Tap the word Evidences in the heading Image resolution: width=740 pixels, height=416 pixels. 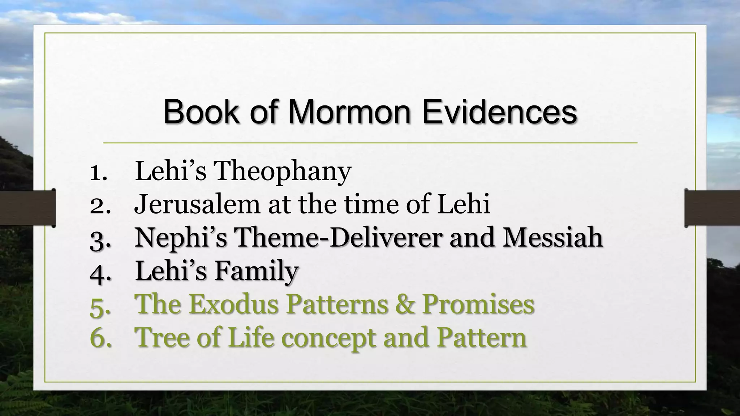499,112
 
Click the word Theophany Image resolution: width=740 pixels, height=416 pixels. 283,172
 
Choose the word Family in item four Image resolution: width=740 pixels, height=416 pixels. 257,271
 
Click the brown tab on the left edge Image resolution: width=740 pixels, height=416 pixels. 27,208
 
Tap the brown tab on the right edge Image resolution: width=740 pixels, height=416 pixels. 712,208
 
